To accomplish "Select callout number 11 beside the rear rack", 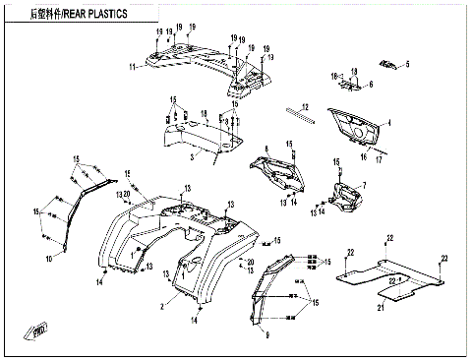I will click(130, 68).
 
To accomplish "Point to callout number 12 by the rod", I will click(305, 106).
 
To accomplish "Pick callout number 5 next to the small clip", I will click(407, 65).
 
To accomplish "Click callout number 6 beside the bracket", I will click(371, 86).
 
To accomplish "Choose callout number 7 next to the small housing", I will click(364, 186).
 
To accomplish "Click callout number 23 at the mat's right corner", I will click(443, 259).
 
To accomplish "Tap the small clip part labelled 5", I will click(389, 65).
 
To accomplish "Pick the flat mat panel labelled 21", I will click(383, 275).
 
